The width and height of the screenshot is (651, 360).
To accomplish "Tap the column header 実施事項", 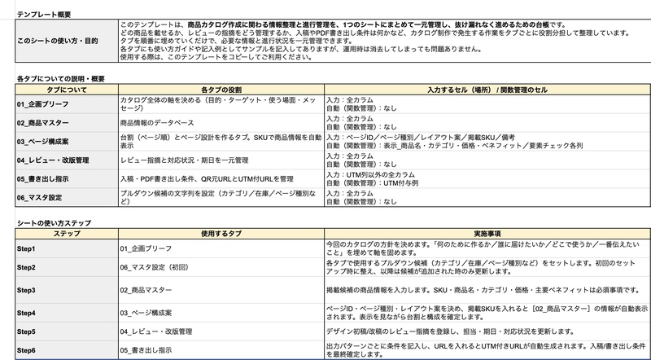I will point(486,233).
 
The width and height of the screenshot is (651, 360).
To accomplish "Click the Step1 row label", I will point(28,247).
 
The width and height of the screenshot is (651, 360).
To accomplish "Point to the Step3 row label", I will point(28,289).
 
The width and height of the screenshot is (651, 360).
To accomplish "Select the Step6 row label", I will point(28,349).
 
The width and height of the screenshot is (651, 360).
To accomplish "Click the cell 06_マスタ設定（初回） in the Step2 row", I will point(162,268).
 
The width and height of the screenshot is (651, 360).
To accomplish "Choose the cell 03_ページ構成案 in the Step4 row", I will point(152,312).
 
